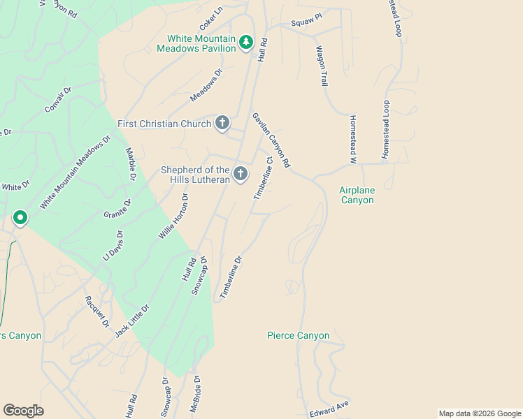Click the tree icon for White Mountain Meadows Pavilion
[245, 43]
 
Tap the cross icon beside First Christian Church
[222, 124]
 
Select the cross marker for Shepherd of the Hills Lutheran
[241, 175]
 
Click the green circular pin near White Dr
[20, 219]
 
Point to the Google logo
[23, 411]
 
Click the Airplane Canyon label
[357, 195]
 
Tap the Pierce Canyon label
[298, 336]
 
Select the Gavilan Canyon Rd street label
[271, 140]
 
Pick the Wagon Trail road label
[322, 66]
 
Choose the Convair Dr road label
[59, 101]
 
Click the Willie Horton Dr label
[174, 216]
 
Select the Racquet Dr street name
[97, 311]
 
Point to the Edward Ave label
[329, 409]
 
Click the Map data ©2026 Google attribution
[479, 413]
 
